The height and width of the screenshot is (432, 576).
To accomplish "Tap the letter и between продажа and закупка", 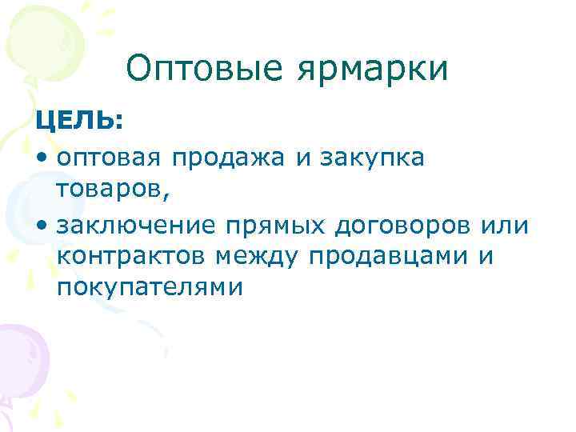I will point(302,159).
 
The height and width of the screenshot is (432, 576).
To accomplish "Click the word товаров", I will point(110,192).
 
